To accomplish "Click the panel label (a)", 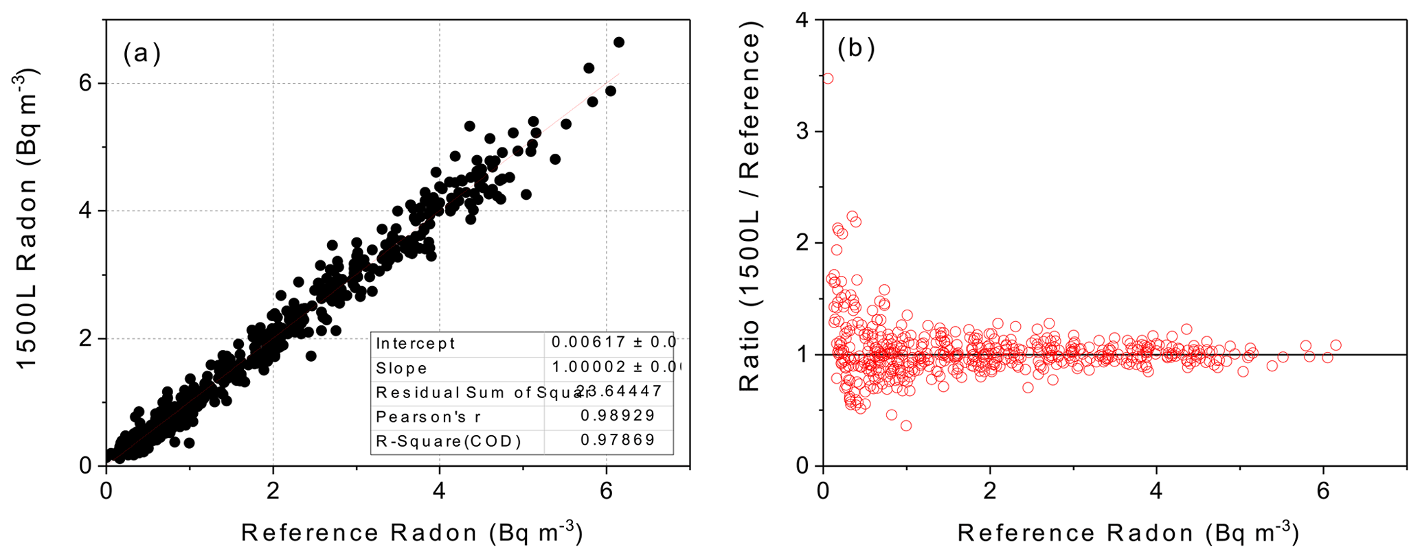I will (x=142, y=53).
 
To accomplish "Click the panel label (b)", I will (x=856, y=49).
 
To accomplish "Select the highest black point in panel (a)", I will (x=618, y=42).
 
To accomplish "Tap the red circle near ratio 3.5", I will (x=828, y=78).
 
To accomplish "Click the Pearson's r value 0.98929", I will (x=618, y=415).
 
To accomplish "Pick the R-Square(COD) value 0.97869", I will (x=618, y=440).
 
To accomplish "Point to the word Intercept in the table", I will (x=415, y=343).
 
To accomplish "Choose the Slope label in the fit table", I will (x=401, y=369).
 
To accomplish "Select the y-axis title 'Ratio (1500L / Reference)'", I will (x=750, y=209).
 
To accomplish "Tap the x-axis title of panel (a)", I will (x=412, y=533).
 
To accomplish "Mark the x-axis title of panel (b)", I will (x=1127, y=533).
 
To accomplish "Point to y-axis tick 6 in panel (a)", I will (x=85, y=83).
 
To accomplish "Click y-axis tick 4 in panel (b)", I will (x=802, y=20).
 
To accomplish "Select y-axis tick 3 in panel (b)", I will (x=802, y=131).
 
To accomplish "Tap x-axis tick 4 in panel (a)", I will (x=440, y=491).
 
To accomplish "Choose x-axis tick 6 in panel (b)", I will (x=1323, y=491).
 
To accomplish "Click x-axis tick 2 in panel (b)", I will (x=989, y=491).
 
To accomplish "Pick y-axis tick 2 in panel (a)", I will (x=85, y=338).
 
